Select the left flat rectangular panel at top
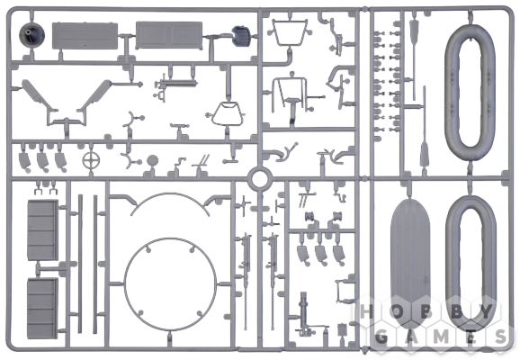point(85,36)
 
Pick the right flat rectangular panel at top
point(169,35)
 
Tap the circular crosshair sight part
point(91,160)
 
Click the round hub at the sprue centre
point(260,179)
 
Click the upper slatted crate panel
point(43,229)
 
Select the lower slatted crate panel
point(42,308)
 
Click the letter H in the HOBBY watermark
point(366,312)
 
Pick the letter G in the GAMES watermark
point(381,337)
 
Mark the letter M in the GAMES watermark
point(441,337)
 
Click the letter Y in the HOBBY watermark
point(487,312)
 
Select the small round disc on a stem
point(153,160)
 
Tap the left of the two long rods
point(80,264)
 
